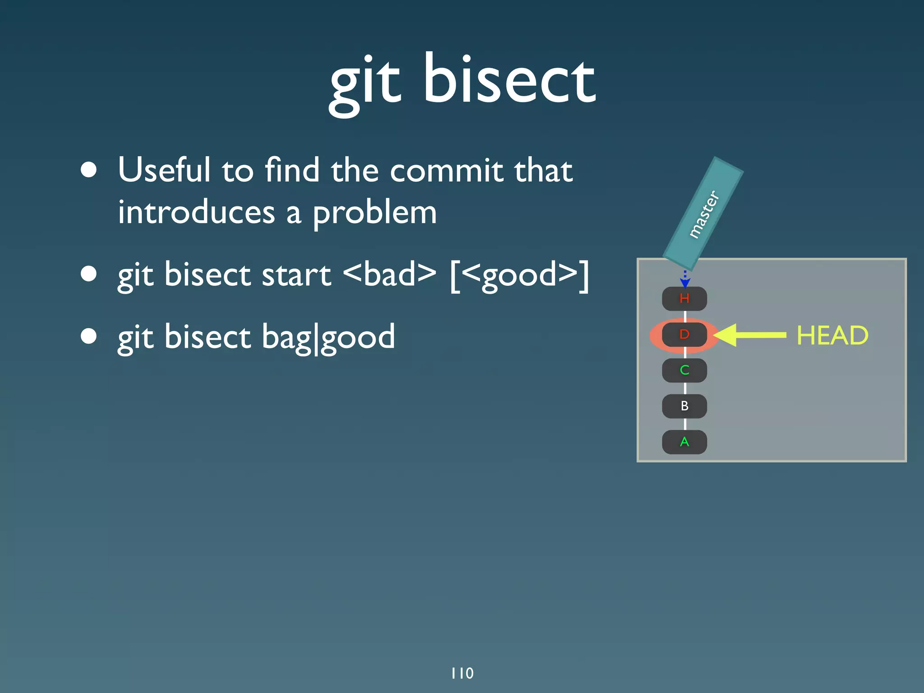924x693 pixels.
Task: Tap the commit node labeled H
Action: (684, 298)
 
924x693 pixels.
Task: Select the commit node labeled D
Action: (684, 335)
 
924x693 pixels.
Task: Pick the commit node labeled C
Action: (684, 370)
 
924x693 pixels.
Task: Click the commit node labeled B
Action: (684, 406)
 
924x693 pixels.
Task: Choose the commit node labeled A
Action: (684, 442)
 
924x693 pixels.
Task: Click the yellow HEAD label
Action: (832, 335)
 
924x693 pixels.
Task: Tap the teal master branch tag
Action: (703, 214)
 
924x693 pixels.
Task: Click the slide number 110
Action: (462, 673)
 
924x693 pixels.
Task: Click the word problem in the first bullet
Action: (374, 212)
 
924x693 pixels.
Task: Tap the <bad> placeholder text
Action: (389, 274)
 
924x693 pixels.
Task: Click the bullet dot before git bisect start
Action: (89, 274)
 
